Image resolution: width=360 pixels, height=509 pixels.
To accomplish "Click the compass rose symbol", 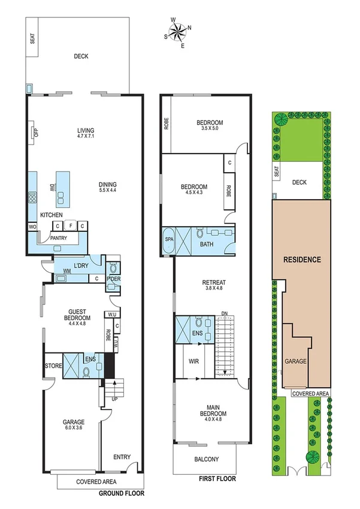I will (178, 31).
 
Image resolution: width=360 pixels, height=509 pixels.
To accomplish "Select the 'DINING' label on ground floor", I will (108, 185).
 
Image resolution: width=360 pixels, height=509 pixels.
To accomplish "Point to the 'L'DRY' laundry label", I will (81, 266).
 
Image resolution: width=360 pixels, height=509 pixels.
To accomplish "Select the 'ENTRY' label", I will (122, 457).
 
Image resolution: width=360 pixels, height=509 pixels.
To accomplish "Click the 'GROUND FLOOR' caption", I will (123, 493).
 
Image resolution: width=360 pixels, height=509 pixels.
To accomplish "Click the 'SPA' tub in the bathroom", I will (168, 239).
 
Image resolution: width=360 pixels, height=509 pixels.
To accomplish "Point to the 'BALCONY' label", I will (205, 460).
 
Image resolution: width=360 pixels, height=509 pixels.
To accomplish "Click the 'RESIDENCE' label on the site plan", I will (302, 260).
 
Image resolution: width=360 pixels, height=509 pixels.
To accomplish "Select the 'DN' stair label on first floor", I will (224, 313).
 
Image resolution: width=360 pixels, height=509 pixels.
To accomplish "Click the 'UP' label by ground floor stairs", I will (114, 398).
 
